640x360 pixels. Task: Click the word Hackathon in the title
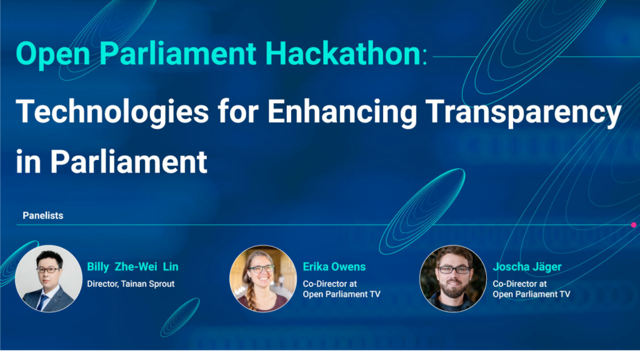[343, 53]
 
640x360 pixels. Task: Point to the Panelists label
[43, 216]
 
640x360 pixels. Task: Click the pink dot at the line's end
[634, 225]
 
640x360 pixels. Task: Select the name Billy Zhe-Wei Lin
[132, 267]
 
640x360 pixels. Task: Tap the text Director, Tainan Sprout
[131, 284]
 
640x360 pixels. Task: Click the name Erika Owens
[334, 267]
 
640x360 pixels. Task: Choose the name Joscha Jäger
[527, 267]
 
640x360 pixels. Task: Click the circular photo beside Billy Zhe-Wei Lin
[49, 279]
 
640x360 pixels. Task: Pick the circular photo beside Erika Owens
[263, 279]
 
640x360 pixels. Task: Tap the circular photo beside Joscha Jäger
[453, 279]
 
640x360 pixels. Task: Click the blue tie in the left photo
[42, 302]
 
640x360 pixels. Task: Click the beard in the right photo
[452, 287]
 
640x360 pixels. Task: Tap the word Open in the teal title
[53, 54]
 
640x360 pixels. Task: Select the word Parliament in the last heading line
[129, 162]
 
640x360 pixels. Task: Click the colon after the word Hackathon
[425, 57]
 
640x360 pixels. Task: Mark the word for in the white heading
[238, 112]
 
